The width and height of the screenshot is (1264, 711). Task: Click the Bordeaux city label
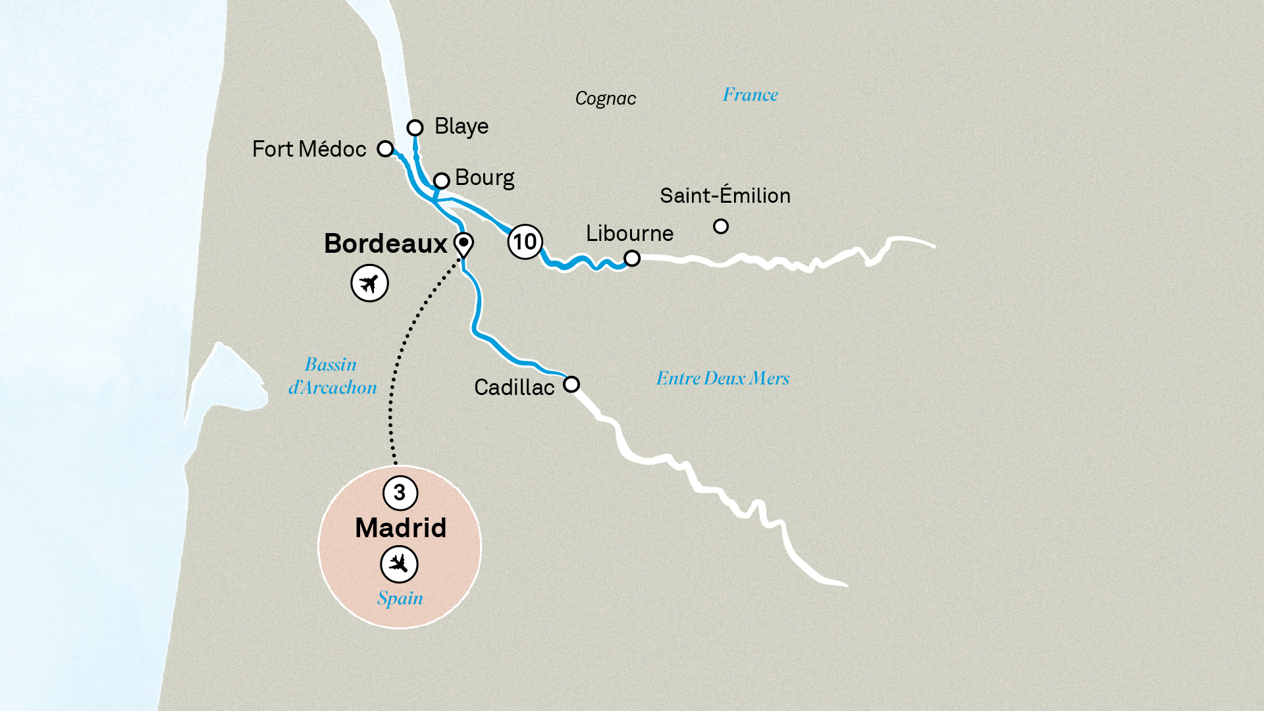coord(386,244)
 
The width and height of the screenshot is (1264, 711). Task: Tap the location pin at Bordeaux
coord(463,244)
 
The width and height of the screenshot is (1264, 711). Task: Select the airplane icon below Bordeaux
coord(369,283)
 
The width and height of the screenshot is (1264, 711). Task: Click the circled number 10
coord(525,242)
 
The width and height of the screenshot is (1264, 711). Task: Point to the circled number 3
coord(400,492)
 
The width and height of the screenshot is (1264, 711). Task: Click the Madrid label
coord(400,528)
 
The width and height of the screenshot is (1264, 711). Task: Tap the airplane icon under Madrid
coord(399,564)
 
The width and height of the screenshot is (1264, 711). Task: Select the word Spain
coord(400,598)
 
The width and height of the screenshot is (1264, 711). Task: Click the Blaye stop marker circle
coord(415,127)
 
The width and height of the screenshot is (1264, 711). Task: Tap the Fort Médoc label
coord(309,149)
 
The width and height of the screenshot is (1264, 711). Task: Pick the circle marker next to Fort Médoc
coord(385,149)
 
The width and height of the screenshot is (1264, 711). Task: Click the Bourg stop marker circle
coord(441,180)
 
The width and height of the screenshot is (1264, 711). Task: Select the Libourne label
coord(629,234)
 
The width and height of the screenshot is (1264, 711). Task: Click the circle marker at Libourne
coord(632,258)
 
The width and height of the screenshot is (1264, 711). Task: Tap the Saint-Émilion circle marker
coord(721,226)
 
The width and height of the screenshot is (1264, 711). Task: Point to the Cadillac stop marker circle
coord(571,384)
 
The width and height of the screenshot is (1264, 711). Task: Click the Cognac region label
coord(606,99)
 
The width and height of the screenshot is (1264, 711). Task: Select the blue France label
coord(750,95)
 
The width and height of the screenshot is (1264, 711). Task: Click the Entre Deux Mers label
coord(722,379)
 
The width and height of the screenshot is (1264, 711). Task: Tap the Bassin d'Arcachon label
coord(332,376)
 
